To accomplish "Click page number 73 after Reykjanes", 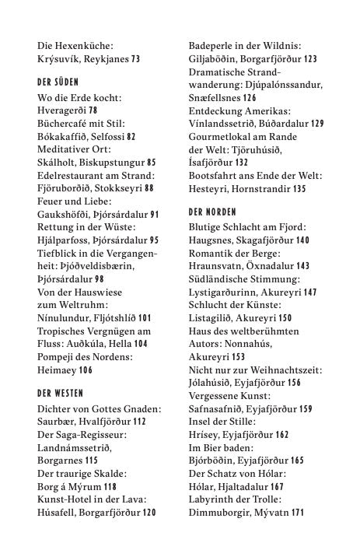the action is pyautogui.click(x=135, y=58).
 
